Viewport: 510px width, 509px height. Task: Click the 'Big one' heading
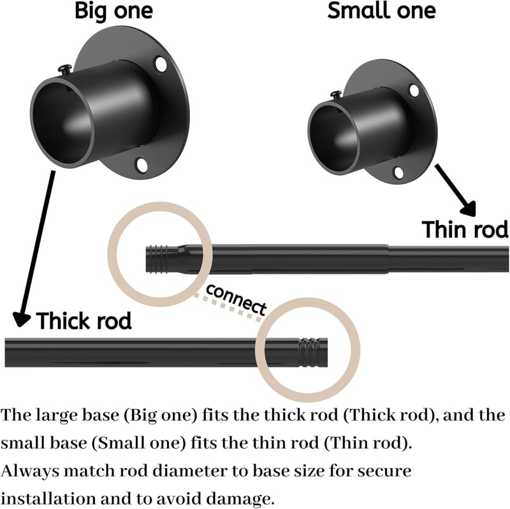click(x=113, y=11)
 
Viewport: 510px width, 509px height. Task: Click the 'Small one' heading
click(x=381, y=10)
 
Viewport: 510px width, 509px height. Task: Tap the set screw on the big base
click(x=66, y=69)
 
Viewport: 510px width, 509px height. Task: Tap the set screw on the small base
click(x=337, y=95)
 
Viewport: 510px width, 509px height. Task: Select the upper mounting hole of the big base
click(x=161, y=64)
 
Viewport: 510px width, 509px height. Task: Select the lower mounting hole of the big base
click(x=141, y=165)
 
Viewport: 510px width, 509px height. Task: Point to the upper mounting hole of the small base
click(x=414, y=90)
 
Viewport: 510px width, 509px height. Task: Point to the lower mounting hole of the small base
click(x=398, y=172)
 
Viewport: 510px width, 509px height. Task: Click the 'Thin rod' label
click(x=465, y=229)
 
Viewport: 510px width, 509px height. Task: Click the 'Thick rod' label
click(x=84, y=320)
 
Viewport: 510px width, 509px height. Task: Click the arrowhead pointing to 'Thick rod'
click(x=22, y=319)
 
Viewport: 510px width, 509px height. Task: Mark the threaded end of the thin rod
click(x=157, y=259)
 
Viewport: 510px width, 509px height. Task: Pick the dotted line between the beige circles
click(x=228, y=308)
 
